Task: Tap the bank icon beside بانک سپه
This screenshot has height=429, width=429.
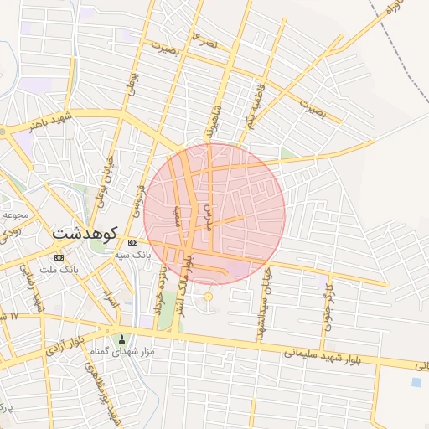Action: [x=133, y=241]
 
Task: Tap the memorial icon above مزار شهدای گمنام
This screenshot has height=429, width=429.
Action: [x=124, y=339]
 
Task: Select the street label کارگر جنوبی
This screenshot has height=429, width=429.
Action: [x=328, y=303]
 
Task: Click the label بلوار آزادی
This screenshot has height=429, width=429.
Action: [x=67, y=346]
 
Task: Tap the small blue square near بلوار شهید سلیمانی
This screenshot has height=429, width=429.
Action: [x=416, y=382]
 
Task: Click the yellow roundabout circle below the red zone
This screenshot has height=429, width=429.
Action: [x=209, y=297]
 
